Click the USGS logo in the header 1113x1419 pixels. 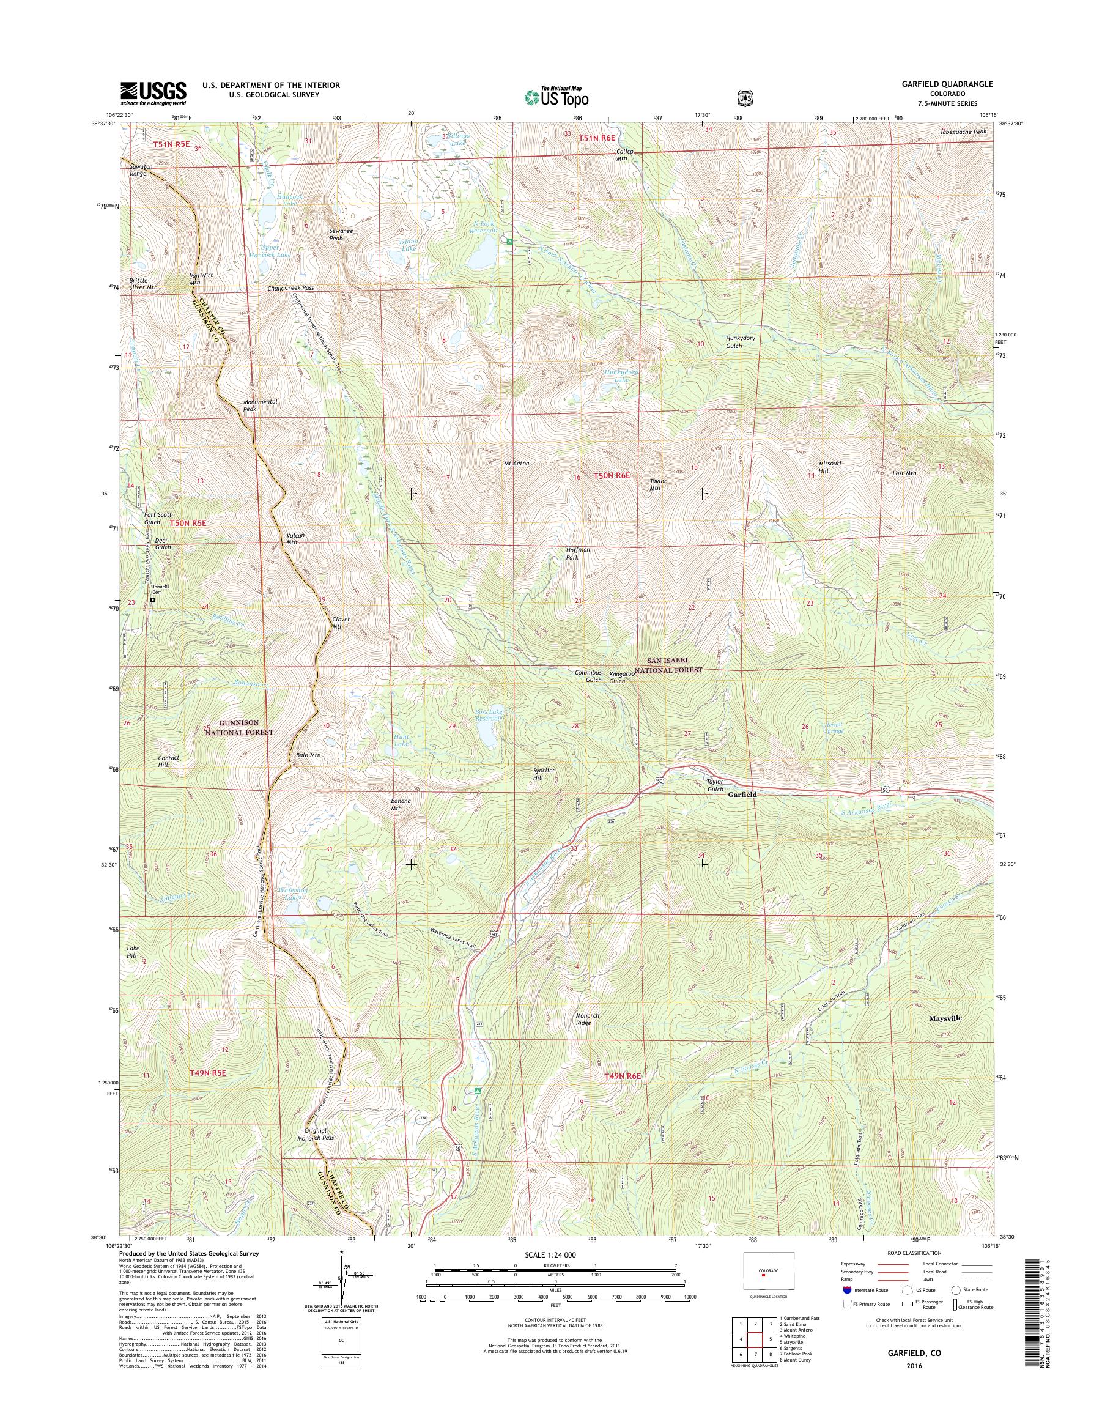[153, 93]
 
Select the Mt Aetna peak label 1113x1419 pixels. [516, 464]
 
